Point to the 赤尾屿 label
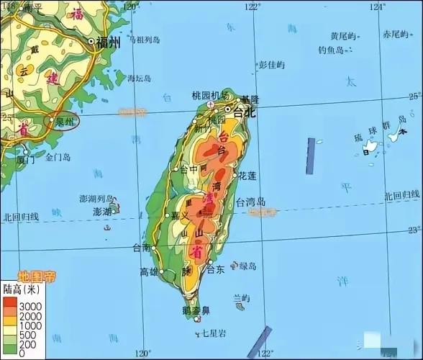coord(395,35)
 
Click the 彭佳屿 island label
coord(272,65)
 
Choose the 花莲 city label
coord(247,175)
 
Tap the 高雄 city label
coord(149,272)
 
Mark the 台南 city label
coord(142,248)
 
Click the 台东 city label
coord(216,270)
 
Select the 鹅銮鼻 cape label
coord(196,310)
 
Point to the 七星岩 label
coord(214,333)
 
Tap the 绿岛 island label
coord(247,266)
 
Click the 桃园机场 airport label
coord(210,96)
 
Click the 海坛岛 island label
coord(140,78)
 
